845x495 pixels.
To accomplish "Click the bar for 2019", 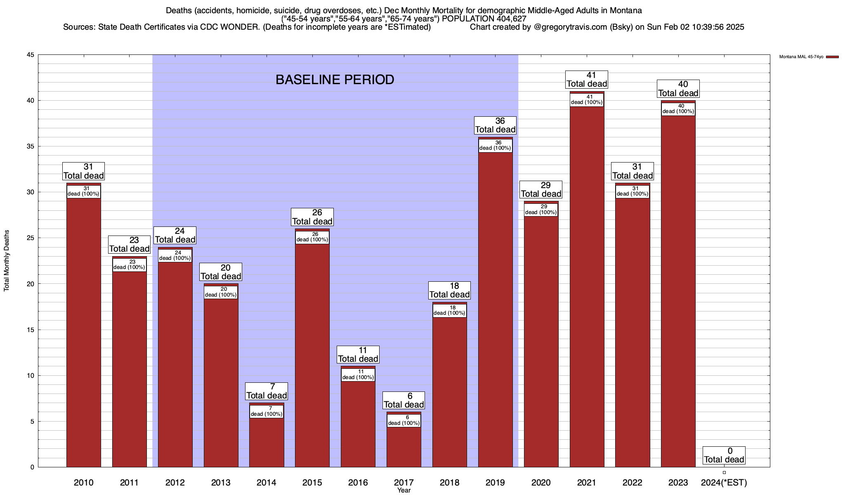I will click(x=495, y=309).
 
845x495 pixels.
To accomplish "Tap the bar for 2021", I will click(x=587, y=289).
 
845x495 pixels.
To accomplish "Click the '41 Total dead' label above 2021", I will click(x=587, y=80).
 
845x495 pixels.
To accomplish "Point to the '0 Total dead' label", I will click(x=724, y=455).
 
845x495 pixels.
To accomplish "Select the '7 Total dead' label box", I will click(x=267, y=391).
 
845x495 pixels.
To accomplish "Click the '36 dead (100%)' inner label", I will click(x=495, y=146).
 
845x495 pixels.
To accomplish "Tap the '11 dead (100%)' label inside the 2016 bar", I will click(x=358, y=375).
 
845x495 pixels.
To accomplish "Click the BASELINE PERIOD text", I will click(x=335, y=80).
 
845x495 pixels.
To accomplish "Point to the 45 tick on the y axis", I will click(x=31, y=55).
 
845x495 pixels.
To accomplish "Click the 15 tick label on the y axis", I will click(x=31, y=330).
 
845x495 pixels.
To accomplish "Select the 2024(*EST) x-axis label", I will click(x=724, y=482).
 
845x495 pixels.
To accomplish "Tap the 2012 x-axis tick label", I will click(x=175, y=482).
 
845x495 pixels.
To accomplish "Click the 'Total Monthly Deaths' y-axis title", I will click(x=7, y=261).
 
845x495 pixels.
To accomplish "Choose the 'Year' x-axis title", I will click(x=404, y=490).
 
